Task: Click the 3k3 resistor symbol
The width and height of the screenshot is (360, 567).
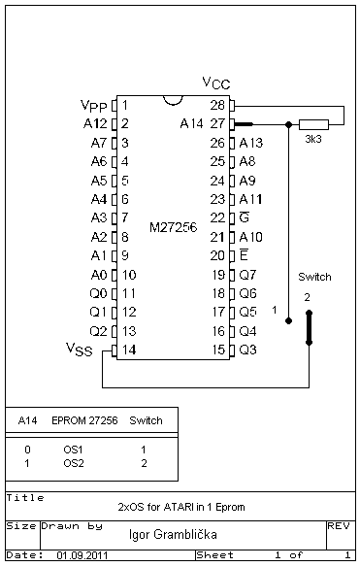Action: tap(313, 124)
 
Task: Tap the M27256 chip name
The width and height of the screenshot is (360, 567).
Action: tap(173, 227)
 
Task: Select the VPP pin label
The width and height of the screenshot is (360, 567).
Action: tap(94, 106)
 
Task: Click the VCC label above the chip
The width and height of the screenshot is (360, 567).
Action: tap(216, 83)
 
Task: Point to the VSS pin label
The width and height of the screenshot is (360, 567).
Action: tap(80, 350)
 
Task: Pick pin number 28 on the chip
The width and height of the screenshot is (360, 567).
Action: tap(217, 105)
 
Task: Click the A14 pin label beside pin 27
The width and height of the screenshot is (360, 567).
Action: tap(191, 124)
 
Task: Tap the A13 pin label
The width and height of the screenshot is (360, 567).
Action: tap(251, 143)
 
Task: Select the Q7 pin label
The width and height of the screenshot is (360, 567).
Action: tap(247, 275)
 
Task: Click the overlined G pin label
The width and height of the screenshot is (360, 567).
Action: tap(245, 217)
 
